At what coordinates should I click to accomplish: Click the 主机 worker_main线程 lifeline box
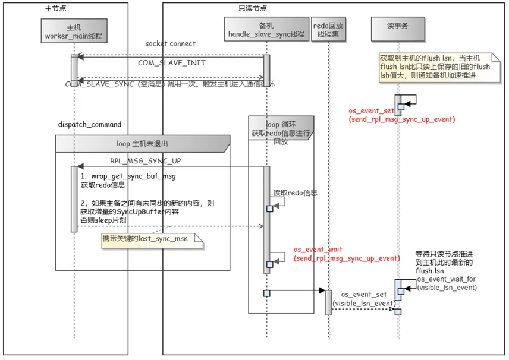coord(74,31)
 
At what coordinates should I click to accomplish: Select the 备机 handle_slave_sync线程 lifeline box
coord(266,30)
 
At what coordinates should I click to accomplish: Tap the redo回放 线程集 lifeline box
coord(328,30)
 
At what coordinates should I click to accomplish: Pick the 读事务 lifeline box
coord(398,27)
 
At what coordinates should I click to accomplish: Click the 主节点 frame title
coord(56,8)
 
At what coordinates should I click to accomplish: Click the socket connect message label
coord(170,44)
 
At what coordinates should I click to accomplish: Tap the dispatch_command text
coord(90,125)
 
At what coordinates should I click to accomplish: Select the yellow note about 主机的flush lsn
coord(435,71)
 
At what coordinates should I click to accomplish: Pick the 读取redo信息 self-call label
coord(295,193)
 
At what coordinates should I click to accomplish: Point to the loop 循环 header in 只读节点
coord(280,130)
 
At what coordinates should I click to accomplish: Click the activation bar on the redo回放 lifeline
coord(328,302)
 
